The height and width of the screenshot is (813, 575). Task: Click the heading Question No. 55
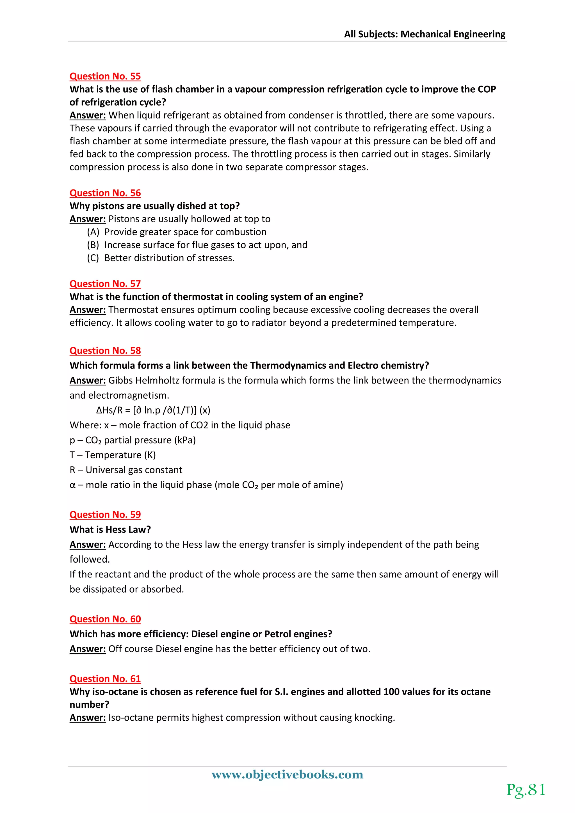pos(105,76)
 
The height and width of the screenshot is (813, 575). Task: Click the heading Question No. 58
pos(105,351)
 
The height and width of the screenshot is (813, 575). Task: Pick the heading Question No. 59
pos(105,515)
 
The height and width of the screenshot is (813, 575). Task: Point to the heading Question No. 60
pos(105,619)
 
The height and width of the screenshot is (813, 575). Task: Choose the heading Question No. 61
pos(105,679)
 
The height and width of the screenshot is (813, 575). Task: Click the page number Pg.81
pos(526,790)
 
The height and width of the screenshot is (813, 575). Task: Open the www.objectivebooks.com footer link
pos(287,775)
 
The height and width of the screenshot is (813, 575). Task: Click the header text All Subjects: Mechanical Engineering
pos(425,34)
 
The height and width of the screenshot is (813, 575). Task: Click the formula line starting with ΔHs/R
pos(153,410)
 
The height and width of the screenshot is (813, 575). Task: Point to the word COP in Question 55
pos(487,89)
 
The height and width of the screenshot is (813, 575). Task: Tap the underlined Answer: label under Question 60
pos(87,649)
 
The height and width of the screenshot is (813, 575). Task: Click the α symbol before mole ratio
pos(73,485)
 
